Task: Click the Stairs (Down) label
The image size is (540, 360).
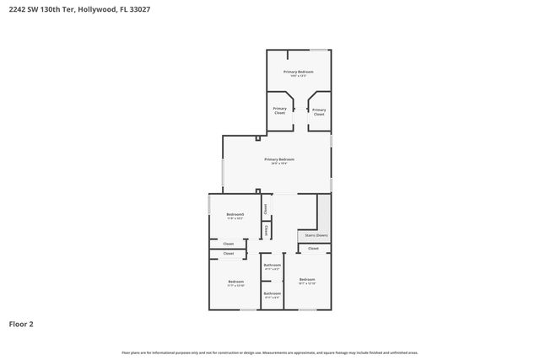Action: tap(316, 235)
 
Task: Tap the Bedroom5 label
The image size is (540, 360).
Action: tap(235, 216)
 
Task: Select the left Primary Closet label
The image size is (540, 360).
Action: tap(279, 110)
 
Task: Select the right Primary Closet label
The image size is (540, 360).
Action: tap(319, 110)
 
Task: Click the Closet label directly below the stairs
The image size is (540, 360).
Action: tap(313, 249)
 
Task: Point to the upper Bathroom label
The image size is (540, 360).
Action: tap(272, 266)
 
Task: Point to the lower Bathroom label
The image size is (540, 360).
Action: tap(272, 294)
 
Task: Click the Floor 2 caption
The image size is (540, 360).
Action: tap(21, 323)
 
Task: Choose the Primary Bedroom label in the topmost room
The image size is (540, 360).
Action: tap(299, 73)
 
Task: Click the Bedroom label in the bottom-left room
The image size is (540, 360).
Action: tap(235, 282)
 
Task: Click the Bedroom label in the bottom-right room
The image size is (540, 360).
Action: tap(306, 280)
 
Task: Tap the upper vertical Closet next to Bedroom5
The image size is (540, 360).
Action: tap(265, 207)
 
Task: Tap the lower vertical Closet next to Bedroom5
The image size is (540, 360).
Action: tap(266, 229)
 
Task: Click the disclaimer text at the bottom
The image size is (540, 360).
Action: tap(270, 352)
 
